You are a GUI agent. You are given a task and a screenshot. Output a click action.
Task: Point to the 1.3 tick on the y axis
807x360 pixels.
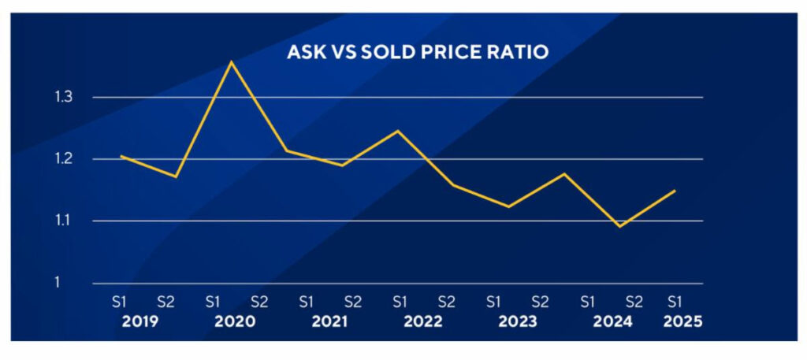(62, 97)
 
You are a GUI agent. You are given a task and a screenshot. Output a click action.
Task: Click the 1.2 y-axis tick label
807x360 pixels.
(62, 159)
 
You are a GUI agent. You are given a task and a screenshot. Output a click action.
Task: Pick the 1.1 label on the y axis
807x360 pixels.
(62, 221)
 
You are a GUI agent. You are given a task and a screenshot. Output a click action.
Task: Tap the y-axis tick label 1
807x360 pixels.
(58, 282)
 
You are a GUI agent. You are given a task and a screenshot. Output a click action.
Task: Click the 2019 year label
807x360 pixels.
(142, 321)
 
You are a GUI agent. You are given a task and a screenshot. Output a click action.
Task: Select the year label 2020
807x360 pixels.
(235, 321)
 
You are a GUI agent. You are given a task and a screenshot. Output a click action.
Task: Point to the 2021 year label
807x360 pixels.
(329, 321)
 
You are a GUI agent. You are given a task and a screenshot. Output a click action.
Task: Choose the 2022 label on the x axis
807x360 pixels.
(423, 321)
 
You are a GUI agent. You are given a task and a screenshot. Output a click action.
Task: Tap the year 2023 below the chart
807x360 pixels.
(517, 321)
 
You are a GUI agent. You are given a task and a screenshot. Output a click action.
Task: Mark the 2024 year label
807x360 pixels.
(611, 321)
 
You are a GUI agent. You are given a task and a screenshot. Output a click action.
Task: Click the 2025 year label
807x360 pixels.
(682, 321)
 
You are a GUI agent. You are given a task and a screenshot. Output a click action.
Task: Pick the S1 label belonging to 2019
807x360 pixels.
(118, 301)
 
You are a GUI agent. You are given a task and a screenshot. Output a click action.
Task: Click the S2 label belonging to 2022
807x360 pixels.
(447, 301)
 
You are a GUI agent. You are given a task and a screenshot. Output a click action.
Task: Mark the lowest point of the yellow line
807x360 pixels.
(621, 227)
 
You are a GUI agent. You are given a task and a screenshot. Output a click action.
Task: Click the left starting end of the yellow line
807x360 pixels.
(120, 155)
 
